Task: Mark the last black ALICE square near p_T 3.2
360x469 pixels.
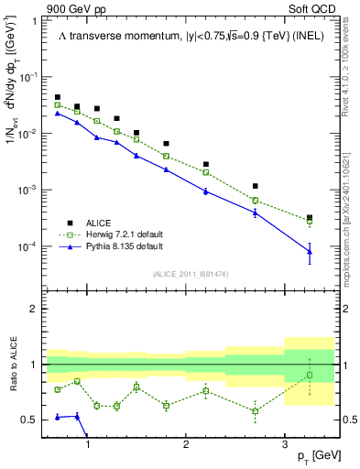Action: click(x=310, y=218)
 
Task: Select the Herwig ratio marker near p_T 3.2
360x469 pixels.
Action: click(x=310, y=376)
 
